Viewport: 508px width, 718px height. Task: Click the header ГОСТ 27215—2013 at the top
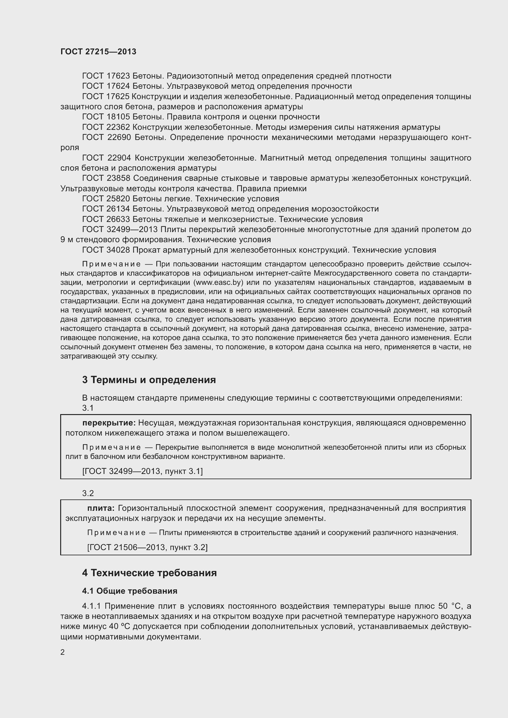pos(98,52)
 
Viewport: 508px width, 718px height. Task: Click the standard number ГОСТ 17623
pos(106,76)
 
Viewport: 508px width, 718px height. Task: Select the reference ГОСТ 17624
pos(106,86)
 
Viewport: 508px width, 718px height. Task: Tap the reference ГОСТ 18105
pos(106,117)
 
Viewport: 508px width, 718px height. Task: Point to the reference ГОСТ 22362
pos(106,127)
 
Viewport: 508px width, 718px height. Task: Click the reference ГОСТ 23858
pos(106,178)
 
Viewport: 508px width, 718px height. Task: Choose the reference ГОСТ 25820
pos(106,199)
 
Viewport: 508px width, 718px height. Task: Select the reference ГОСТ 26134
pos(106,209)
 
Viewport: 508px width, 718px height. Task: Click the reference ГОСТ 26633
pos(106,219)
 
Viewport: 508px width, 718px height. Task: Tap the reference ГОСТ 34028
pos(106,250)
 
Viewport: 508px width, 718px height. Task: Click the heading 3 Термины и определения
pos(149,380)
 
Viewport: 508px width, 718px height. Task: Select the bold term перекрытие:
pos(109,423)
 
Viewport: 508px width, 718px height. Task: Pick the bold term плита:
pos(101,508)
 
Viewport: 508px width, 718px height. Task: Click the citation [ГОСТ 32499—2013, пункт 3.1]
pos(142,471)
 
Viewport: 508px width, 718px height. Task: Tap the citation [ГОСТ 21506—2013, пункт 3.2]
pos(147,547)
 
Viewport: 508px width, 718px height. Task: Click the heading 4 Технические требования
pos(149,573)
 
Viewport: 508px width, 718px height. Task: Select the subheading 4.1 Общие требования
pos(130,591)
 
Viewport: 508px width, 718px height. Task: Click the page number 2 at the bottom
pos(63,652)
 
